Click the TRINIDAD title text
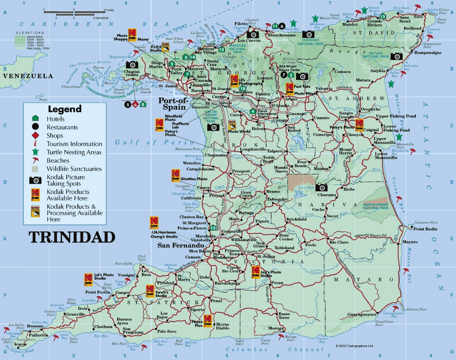72,237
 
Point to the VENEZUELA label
28,76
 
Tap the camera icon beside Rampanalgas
396,57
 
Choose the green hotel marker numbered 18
243,88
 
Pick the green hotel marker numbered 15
382,16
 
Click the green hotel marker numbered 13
213,228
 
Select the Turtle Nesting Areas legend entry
74,152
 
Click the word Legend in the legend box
64,109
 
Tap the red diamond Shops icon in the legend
36,135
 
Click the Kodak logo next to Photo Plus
207,320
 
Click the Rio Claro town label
338,242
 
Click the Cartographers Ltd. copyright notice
354,346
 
